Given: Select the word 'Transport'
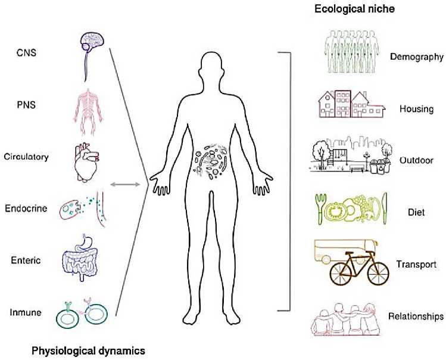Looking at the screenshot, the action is (417, 264).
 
